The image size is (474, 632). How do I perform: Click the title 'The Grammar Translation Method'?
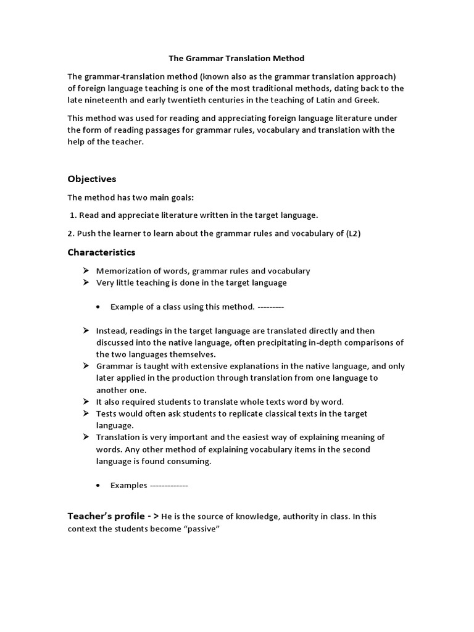coord(237,59)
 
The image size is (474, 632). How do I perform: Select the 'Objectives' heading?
coord(91,179)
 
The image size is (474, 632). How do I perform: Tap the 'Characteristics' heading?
coord(101,252)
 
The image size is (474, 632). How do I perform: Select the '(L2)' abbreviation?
coord(369,233)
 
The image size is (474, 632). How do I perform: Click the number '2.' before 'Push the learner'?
coord(71,233)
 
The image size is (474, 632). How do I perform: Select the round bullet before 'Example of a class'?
coord(99,307)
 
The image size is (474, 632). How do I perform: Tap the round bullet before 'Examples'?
coord(99,486)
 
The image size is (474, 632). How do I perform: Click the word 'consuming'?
coord(192,462)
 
